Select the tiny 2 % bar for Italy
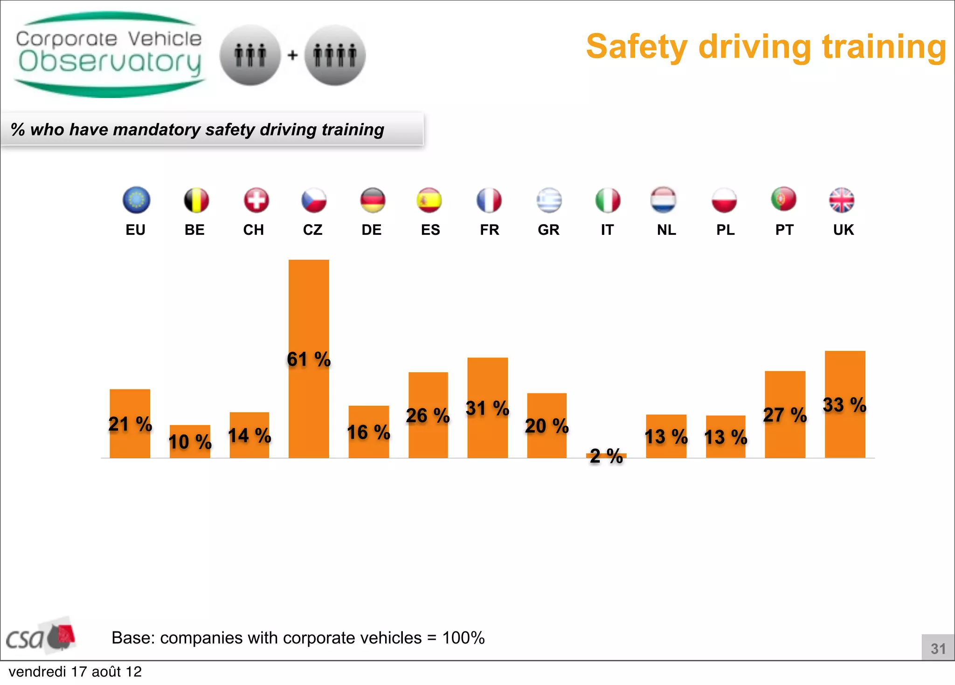[x=606, y=455]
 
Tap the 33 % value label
[x=844, y=404]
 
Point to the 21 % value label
[x=130, y=424]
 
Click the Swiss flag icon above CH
[x=256, y=200]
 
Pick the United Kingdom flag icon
[x=842, y=200]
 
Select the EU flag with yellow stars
[x=136, y=200]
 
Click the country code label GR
[x=548, y=230]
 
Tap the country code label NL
[x=666, y=230]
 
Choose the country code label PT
[x=784, y=230]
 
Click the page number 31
[x=938, y=648]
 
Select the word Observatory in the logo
[x=110, y=62]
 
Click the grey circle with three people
[x=250, y=55]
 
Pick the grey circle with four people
[x=335, y=55]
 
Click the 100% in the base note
[x=463, y=637]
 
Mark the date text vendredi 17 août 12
[x=75, y=671]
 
